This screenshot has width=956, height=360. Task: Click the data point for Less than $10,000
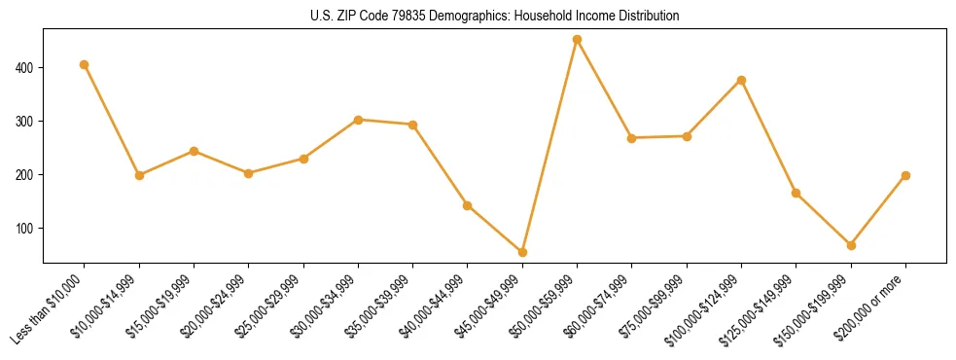[x=85, y=64]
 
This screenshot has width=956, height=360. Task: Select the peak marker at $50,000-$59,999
[x=577, y=40]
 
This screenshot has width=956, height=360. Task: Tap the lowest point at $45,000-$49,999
[x=522, y=252]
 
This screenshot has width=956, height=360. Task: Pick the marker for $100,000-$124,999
[x=741, y=80]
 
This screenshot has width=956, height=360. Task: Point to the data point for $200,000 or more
[x=905, y=175]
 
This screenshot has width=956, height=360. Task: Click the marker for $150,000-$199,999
[x=851, y=245]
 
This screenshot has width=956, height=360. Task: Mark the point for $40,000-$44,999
[x=468, y=205]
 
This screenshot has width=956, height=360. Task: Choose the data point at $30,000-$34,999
[x=358, y=120]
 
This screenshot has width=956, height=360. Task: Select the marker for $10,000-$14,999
[x=139, y=175]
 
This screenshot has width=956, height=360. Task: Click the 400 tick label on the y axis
[x=26, y=68]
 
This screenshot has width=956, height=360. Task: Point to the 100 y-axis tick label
[x=26, y=229]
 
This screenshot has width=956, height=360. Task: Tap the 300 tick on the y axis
[x=26, y=122]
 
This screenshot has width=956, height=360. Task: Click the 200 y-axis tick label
[x=26, y=175]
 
